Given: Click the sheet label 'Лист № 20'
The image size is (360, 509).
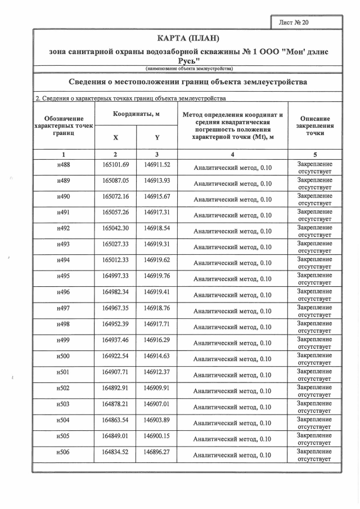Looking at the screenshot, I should pyautogui.click(x=294, y=22).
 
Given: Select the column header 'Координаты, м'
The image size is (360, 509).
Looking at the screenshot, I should pyautogui.click(x=136, y=114).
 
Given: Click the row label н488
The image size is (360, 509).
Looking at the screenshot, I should pyautogui.click(x=64, y=165).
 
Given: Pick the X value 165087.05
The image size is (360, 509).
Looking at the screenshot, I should pyautogui.click(x=116, y=181).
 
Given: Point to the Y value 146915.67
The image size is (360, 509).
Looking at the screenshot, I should pyautogui.click(x=157, y=196).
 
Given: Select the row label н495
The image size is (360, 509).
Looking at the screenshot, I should pyautogui.click(x=64, y=276).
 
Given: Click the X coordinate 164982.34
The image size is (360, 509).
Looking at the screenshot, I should pyautogui.click(x=116, y=292).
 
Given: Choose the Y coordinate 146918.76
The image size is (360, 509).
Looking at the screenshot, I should pyautogui.click(x=157, y=308).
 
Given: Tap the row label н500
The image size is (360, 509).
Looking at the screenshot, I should pyautogui.click(x=64, y=356).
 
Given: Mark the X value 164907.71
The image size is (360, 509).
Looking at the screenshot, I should pyautogui.click(x=116, y=372).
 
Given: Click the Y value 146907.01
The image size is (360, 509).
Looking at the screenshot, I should pyautogui.click(x=157, y=403).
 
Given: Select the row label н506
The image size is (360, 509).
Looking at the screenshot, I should pyautogui.click(x=64, y=452).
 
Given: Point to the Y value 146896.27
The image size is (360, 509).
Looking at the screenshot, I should pyautogui.click(x=157, y=452).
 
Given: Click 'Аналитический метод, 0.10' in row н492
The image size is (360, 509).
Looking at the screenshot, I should pyautogui.click(x=232, y=231).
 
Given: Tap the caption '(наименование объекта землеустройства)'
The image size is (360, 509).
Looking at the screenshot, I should pyautogui.click(x=188, y=69).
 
